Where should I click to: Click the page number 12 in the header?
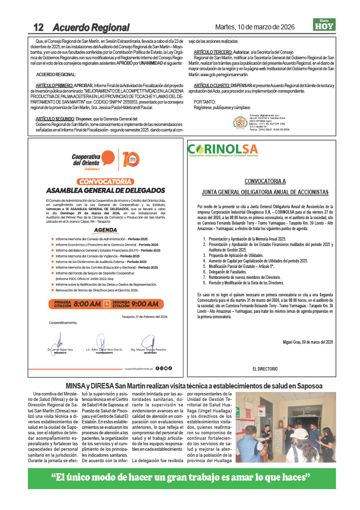(x=39, y=27)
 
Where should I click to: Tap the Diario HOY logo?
(x=324, y=24)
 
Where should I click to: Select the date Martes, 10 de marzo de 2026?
(x=254, y=27)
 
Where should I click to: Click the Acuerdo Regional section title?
(x=91, y=27)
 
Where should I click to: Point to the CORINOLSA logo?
(x=223, y=149)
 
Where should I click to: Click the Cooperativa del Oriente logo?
(x=86, y=161)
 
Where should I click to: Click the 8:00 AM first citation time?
(x=87, y=303)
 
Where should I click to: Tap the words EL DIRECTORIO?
(x=264, y=369)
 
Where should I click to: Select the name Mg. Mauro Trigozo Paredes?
(x=148, y=350)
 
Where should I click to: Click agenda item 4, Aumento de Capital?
(x=258, y=261)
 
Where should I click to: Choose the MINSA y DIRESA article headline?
(x=194, y=386)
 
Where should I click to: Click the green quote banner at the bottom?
(x=180, y=478)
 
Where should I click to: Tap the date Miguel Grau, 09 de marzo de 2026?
(x=308, y=342)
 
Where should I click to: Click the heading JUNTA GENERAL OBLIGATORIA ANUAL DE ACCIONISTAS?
(x=265, y=192)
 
